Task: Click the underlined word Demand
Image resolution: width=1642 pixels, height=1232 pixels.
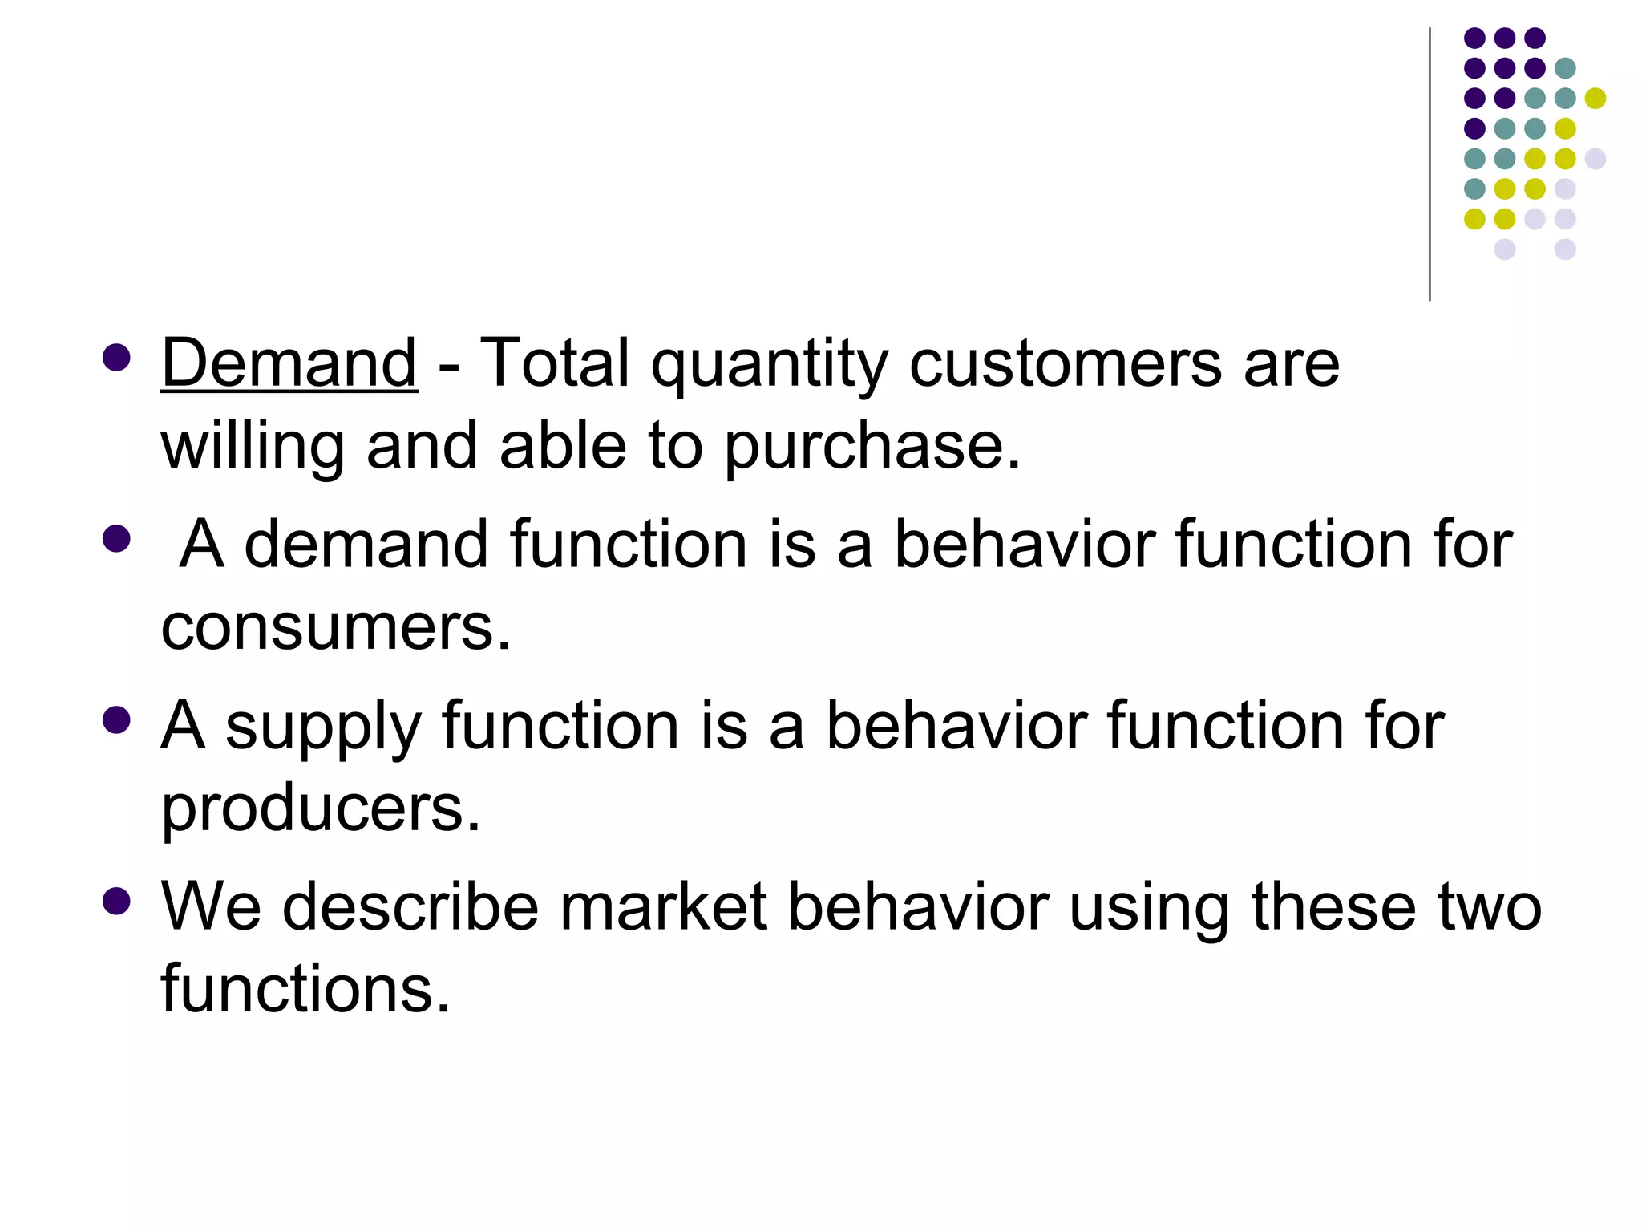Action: click(289, 363)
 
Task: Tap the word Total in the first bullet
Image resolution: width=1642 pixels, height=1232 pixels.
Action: click(554, 363)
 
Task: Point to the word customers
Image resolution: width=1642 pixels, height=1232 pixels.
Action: click(1066, 363)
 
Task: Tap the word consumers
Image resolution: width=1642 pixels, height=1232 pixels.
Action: click(335, 627)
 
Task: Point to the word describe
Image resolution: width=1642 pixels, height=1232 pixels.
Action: click(410, 906)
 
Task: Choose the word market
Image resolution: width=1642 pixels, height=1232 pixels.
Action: click(663, 906)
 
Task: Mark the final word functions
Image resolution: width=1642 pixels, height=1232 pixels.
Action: click(305, 988)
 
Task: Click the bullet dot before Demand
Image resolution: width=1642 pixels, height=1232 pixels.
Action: click(116, 358)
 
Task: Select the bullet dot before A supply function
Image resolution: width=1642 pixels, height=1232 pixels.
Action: click(116, 720)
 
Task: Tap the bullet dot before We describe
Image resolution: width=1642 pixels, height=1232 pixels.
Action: click(116, 901)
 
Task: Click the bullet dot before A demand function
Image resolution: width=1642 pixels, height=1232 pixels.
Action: click(116, 538)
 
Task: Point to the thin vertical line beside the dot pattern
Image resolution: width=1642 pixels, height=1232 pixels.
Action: click(1430, 164)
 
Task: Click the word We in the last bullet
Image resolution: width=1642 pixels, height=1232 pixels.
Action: click(211, 906)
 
